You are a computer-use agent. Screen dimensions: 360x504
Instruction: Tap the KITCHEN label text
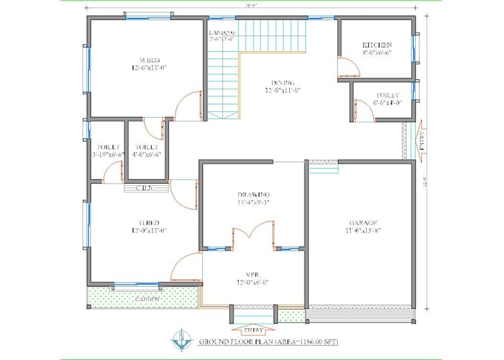click(x=377, y=45)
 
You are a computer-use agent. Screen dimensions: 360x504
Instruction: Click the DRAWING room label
click(x=253, y=193)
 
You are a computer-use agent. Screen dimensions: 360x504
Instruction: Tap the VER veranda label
click(x=253, y=275)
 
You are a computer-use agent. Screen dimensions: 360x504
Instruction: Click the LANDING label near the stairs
click(x=222, y=33)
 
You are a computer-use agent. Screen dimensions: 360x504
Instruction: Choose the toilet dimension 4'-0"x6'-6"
click(x=146, y=155)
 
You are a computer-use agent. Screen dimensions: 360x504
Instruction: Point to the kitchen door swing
click(x=346, y=68)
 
